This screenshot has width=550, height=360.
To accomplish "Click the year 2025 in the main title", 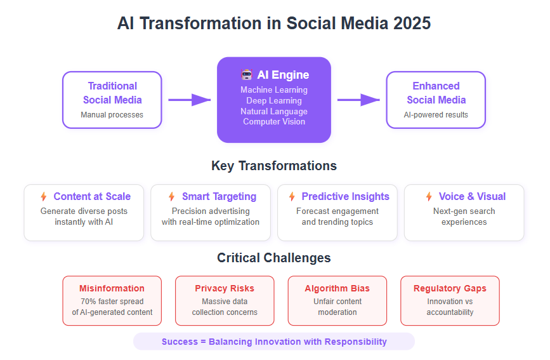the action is click(x=412, y=23).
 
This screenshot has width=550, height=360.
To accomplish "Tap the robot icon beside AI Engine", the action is click(x=247, y=74).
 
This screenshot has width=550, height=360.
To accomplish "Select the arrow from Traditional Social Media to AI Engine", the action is click(x=190, y=100).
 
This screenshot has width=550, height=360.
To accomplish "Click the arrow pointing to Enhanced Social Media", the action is click(x=358, y=100).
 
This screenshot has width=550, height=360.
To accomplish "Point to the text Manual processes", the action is click(x=112, y=115).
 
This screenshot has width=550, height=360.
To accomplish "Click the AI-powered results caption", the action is click(x=436, y=115).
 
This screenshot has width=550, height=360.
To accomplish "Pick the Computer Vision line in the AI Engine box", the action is click(x=274, y=121).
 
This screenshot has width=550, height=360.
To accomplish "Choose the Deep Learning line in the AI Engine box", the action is click(x=274, y=100).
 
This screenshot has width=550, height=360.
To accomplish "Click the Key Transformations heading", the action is click(x=274, y=166).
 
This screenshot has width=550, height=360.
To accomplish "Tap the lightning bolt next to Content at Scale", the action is click(x=44, y=196).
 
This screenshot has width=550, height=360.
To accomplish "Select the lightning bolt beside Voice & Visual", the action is click(x=429, y=196).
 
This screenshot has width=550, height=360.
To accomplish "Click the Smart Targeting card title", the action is click(x=219, y=196).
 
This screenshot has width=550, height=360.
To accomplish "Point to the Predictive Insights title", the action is click(x=346, y=196).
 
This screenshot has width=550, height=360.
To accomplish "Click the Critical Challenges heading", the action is click(x=274, y=258).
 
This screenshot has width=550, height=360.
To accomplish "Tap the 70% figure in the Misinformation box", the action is click(x=88, y=302).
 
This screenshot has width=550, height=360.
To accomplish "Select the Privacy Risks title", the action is click(x=225, y=288).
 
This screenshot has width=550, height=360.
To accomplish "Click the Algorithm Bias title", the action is click(x=337, y=288).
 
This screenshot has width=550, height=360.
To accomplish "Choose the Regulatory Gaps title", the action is click(x=450, y=288).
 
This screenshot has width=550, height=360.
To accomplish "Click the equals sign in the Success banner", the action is click(x=203, y=342).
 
